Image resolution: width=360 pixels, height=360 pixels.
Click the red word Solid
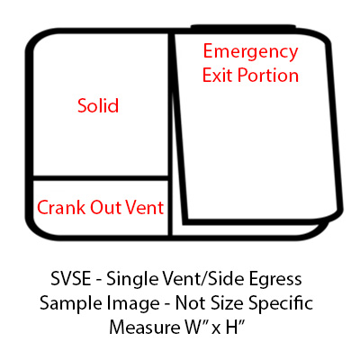98,105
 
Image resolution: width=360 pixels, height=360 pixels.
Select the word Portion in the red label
268,75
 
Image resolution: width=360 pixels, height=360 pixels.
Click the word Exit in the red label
218,75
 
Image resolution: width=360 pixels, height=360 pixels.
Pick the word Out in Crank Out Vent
106,207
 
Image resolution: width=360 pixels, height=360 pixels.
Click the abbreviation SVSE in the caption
71,279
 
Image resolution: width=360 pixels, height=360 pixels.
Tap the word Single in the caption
133,280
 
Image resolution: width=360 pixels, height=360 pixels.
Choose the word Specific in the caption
281,303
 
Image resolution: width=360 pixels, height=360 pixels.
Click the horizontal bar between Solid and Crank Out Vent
101,178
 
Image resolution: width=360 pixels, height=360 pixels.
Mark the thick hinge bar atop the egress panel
243,28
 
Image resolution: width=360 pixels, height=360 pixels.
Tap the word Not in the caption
192,303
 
